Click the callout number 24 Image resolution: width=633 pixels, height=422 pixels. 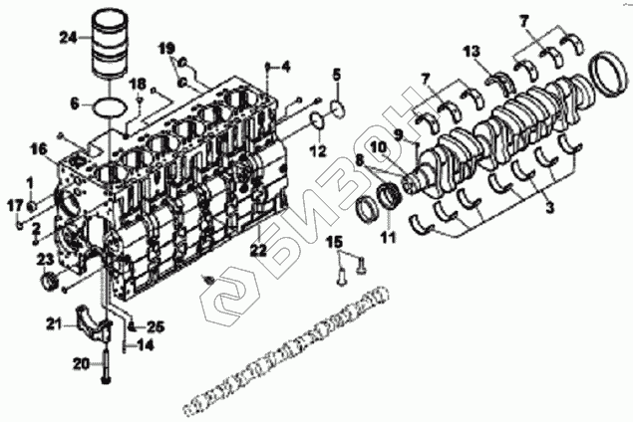68,38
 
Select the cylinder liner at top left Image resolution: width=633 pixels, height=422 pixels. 109,45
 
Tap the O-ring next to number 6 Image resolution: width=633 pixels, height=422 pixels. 110,106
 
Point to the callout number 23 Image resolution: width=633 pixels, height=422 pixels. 46,261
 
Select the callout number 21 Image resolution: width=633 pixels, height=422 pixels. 55,322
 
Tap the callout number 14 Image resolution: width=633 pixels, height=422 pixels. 146,345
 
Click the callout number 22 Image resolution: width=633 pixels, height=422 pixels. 258,251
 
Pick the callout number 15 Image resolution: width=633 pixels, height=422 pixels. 335,242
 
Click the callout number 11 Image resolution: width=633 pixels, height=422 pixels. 389,237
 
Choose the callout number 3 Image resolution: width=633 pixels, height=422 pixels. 550,208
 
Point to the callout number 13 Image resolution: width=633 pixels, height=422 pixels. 472,51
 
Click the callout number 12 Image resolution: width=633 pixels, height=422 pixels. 318,151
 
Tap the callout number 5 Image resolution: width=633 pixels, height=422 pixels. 337,75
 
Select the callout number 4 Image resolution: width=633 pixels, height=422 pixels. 285,67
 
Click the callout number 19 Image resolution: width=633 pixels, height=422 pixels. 166,49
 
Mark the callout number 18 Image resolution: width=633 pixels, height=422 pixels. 139,84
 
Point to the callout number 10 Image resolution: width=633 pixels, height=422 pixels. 379,147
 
